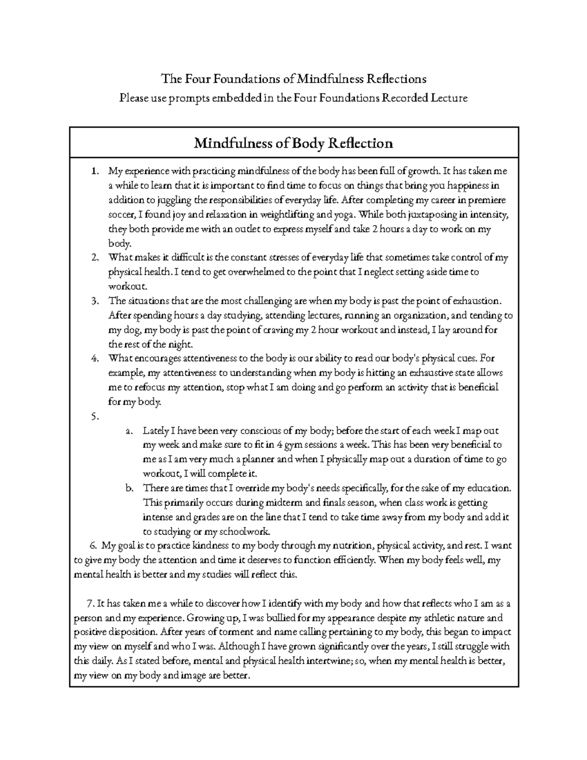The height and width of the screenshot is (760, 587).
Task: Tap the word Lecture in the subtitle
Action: [449, 98]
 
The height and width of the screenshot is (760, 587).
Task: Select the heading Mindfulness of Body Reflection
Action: [293, 143]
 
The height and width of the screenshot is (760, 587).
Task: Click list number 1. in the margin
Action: [95, 171]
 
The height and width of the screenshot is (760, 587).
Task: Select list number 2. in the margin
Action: [95, 257]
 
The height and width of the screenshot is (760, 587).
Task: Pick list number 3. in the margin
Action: [95, 301]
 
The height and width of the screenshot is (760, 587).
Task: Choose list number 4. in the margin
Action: [95, 358]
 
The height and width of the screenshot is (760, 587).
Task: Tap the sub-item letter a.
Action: [129, 431]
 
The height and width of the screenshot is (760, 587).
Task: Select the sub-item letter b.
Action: [129, 488]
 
